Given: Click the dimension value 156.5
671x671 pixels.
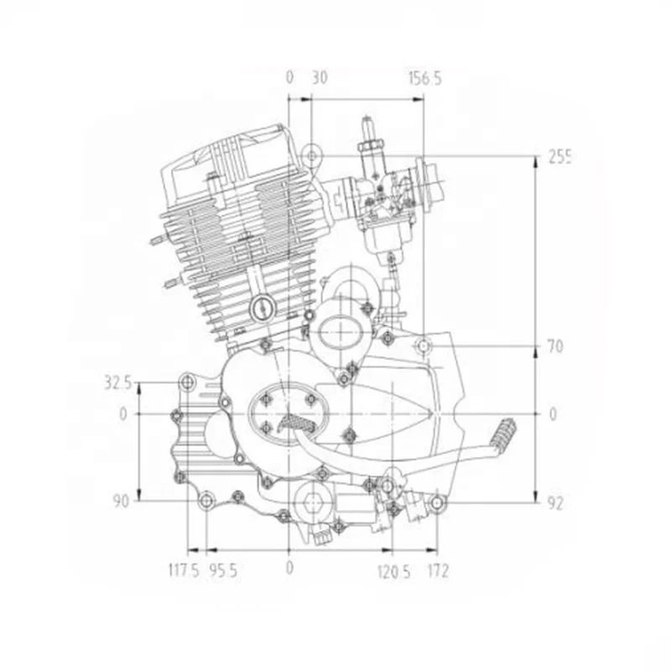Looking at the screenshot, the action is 424,78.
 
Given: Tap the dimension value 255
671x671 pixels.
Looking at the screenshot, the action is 559,157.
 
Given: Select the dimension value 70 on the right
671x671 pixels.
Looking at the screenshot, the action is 555,346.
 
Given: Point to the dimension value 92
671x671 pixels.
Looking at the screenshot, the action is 555,504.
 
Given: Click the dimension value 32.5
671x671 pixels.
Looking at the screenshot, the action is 117,383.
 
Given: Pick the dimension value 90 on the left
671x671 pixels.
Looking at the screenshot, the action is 121,501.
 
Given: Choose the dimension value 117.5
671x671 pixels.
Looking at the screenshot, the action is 184,570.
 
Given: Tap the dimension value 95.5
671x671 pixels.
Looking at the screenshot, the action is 223,570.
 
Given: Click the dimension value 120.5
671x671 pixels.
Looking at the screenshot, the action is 393,571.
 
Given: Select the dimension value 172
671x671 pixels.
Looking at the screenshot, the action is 438,570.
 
